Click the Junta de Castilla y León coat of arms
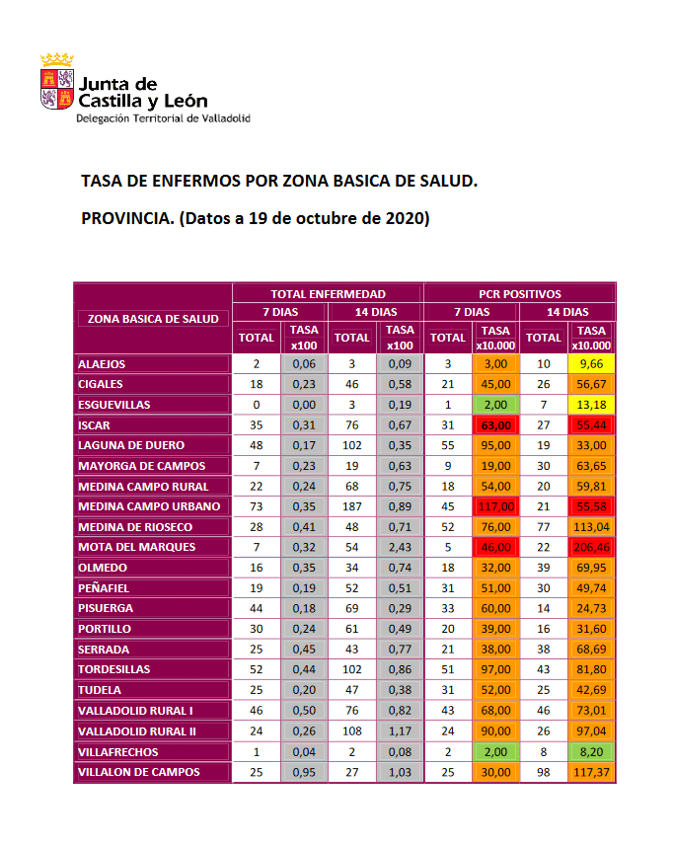click(x=56, y=82)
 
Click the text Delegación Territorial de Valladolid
click(x=163, y=118)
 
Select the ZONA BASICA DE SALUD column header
click(x=153, y=318)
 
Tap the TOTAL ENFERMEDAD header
click(x=328, y=293)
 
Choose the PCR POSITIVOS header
click(x=519, y=293)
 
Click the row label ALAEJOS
click(x=102, y=364)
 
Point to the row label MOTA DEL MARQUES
click(x=136, y=547)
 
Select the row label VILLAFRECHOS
click(x=117, y=751)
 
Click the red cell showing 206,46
click(x=592, y=547)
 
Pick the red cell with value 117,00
click(x=496, y=506)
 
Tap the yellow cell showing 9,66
click(x=592, y=364)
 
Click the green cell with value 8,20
click(x=592, y=751)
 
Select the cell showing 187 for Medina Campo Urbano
click(x=352, y=506)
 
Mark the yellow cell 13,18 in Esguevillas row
click(x=592, y=405)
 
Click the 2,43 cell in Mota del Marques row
click(x=400, y=547)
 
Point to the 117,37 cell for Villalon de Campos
click(x=592, y=772)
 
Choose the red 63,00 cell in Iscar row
click(x=496, y=425)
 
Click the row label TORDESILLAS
click(x=114, y=669)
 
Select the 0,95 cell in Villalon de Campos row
click(x=304, y=772)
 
